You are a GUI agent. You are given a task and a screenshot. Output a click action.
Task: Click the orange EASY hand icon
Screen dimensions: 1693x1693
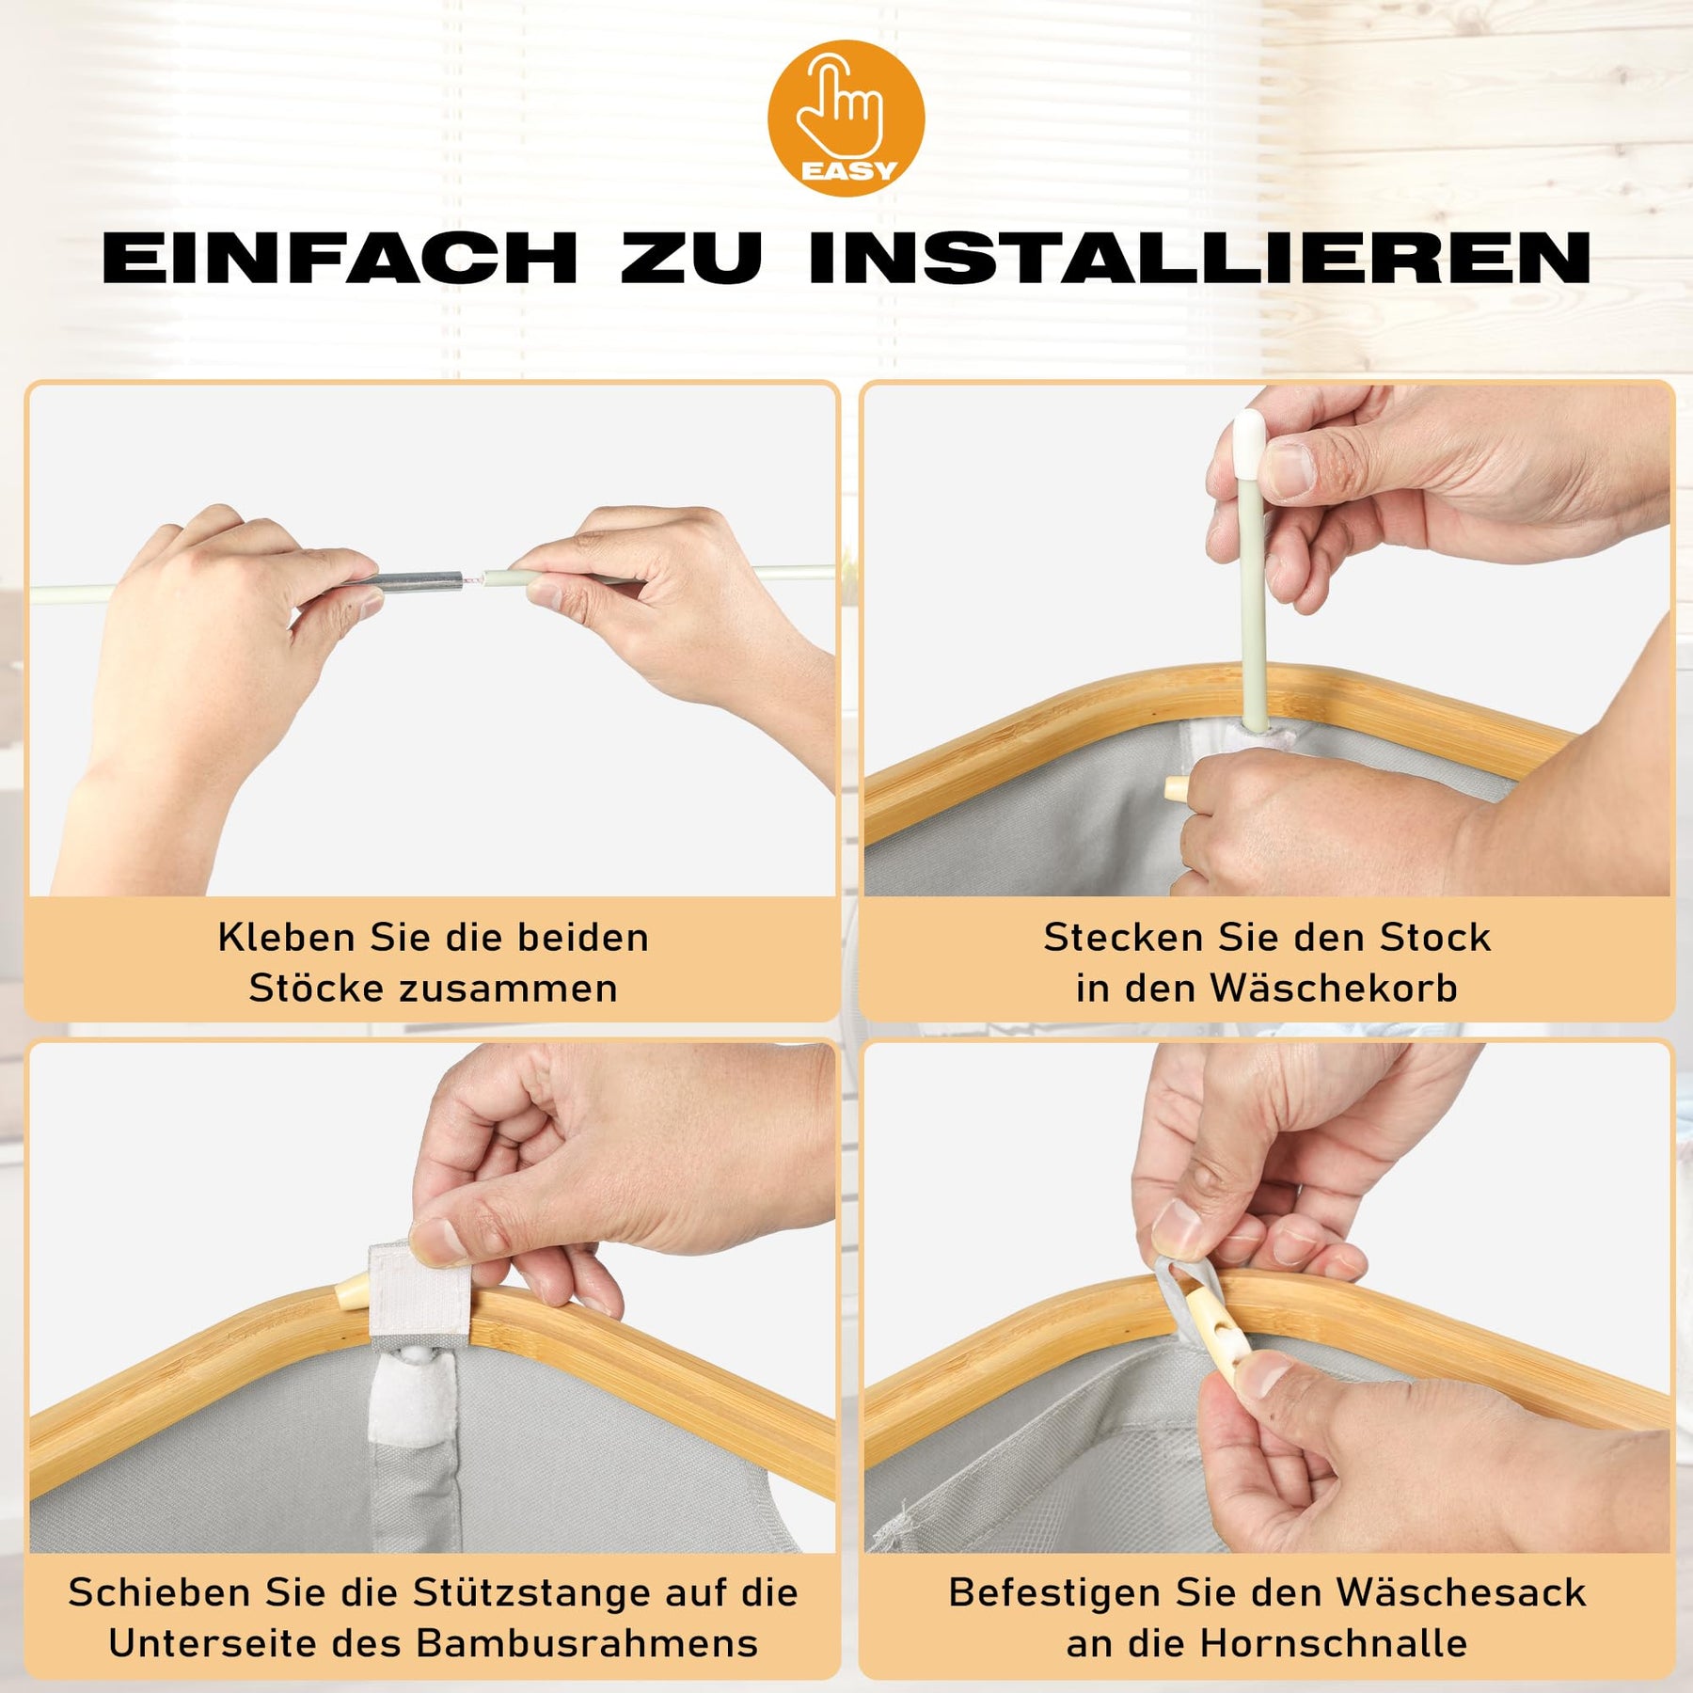[846, 118]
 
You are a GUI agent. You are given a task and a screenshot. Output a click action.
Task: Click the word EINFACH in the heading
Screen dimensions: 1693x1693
[340, 258]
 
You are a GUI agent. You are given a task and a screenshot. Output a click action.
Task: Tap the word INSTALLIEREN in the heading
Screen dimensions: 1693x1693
[1200, 258]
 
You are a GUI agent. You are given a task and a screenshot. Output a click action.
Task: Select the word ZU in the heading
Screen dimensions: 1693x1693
[692, 258]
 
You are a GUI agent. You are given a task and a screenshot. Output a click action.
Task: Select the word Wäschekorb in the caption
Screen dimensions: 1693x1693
[1334, 988]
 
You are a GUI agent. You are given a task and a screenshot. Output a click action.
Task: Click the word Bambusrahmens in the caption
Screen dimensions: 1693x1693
[587, 1643]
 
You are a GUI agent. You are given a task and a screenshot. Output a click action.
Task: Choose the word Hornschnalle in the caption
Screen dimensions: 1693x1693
[1334, 1643]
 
